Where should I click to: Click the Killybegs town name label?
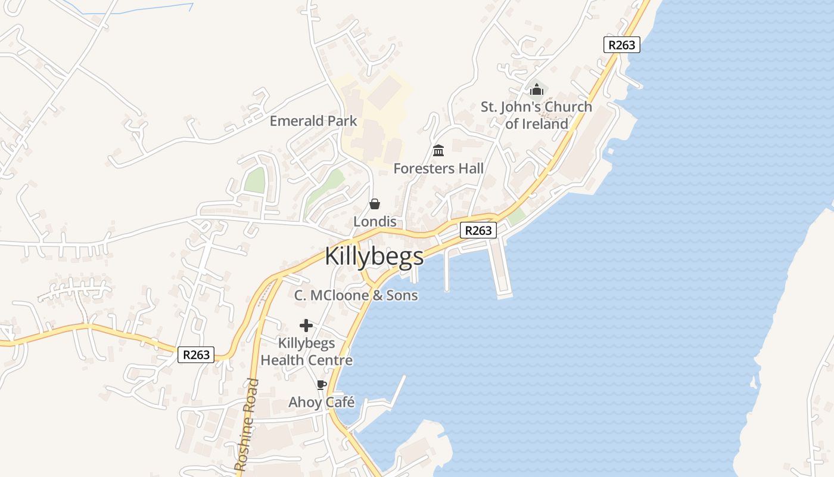[374, 256]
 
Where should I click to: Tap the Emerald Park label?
[313, 121]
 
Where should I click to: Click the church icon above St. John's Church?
[537, 90]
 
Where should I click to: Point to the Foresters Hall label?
[438, 169]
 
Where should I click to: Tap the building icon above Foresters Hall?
[438, 151]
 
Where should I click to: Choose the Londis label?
[375, 221]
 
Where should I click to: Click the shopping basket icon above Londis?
[375, 205]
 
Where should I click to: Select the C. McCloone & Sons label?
[356, 295]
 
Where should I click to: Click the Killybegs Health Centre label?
[306, 352]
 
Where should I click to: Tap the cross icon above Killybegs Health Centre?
[306, 326]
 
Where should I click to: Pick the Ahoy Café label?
[322, 402]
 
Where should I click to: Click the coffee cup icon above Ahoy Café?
[322, 385]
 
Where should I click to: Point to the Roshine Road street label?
[247, 425]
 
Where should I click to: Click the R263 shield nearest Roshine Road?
[196, 355]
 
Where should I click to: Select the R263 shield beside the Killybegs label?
[478, 230]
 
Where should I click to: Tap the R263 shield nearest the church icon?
[621, 45]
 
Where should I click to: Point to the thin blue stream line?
[149, 8]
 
